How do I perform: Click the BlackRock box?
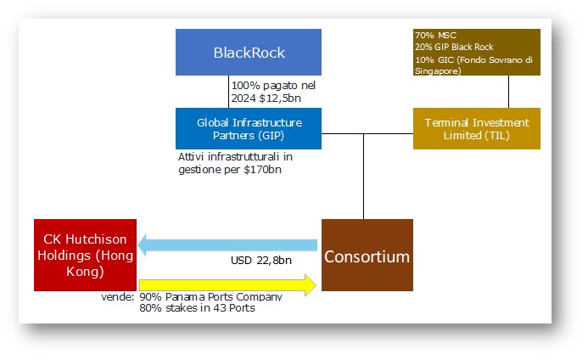(x=249, y=52)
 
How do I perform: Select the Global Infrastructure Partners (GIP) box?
(x=249, y=129)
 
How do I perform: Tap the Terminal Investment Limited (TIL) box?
(x=477, y=129)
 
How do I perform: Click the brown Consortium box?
(x=367, y=256)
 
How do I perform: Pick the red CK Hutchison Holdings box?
(x=85, y=256)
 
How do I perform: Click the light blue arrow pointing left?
(x=227, y=245)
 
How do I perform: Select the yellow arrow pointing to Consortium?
(x=227, y=285)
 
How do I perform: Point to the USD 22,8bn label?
(x=261, y=261)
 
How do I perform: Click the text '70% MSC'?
(x=435, y=36)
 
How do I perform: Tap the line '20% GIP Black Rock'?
(x=454, y=47)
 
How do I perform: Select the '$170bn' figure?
(x=262, y=170)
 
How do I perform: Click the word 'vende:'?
(x=117, y=297)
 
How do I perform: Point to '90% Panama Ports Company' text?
(x=210, y=297)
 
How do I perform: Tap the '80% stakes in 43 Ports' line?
(x=197, y=308)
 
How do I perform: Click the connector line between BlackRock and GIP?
(x=228, y=92)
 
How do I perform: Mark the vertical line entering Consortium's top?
(x=363, y=177)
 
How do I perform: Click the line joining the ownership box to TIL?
(x=508, y=92)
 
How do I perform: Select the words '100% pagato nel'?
(x=273, y=86)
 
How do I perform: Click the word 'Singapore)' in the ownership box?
(x=438, y=71)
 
